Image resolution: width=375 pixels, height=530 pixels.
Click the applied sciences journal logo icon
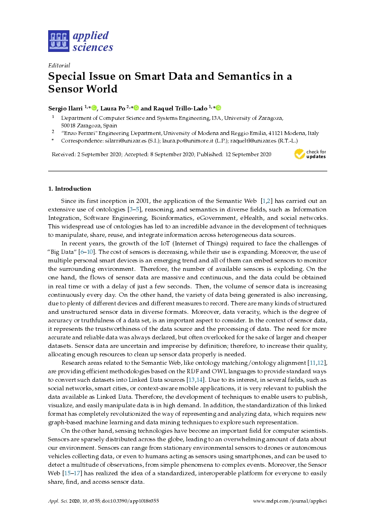tap(59, 41)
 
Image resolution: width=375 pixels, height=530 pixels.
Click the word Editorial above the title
tap(59, 66)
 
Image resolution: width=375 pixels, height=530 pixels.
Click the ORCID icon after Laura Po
tap(136, 108)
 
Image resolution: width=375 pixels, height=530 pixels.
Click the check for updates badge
tap(310, 154)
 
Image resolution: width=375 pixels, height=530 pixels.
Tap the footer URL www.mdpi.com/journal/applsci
tap(290, 501)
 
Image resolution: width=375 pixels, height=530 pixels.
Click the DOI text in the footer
tap(133, 501)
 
